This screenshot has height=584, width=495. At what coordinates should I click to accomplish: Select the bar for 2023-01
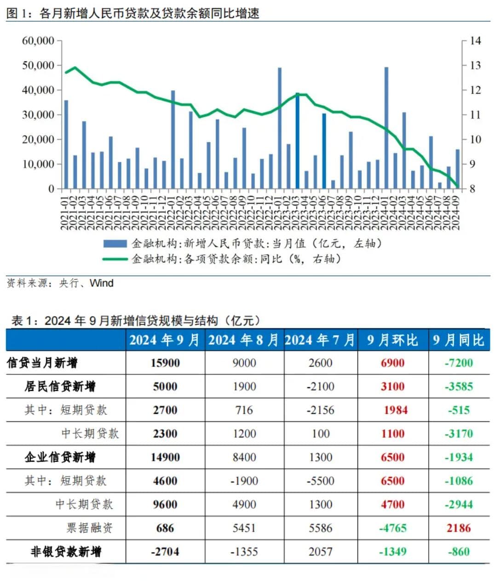(x=280, y=128)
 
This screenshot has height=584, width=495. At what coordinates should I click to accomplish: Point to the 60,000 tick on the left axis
(x=38, y=41)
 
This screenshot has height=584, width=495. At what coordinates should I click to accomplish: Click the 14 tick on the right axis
(x=475, y=41)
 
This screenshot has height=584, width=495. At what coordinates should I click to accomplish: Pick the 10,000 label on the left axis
(x=38, y=164)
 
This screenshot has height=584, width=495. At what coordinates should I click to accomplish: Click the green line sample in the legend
(x=115, y=259)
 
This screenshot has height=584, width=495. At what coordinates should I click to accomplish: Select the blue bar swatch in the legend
(x=115, y=243)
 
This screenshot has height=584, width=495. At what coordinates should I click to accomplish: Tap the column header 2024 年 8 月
(x=244, y=340)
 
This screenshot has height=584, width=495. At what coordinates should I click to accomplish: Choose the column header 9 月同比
(x=459, y=340)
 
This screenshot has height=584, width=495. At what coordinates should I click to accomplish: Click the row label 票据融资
(x=90, y=528)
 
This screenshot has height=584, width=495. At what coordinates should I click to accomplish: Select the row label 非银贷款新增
(x=66, y=551)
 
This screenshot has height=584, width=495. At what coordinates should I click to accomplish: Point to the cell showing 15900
(x=165, y=363)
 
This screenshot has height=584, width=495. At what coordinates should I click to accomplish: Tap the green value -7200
(x=459, y=363)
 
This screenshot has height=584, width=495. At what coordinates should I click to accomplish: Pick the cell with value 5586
(x=320, y=528)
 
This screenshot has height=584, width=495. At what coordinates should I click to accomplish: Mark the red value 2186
(x=459, y=528)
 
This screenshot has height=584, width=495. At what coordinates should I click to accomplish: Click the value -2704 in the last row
(x=165, y=551)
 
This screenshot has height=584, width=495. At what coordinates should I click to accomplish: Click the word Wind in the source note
(x=102, y=283)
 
